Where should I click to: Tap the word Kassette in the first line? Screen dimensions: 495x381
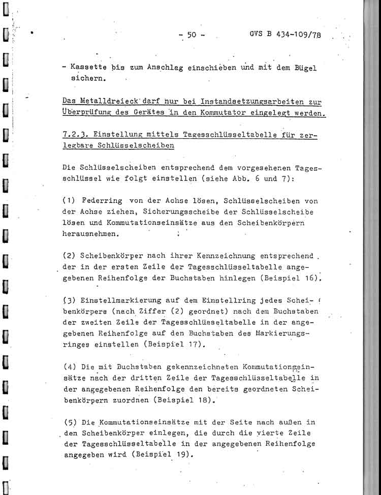(87, 68)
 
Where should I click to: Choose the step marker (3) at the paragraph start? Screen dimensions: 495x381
(70, 300)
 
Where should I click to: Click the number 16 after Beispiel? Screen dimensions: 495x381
(313, 278)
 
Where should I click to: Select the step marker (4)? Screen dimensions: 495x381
(70, 366)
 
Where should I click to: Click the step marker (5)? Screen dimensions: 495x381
(70, 422)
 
